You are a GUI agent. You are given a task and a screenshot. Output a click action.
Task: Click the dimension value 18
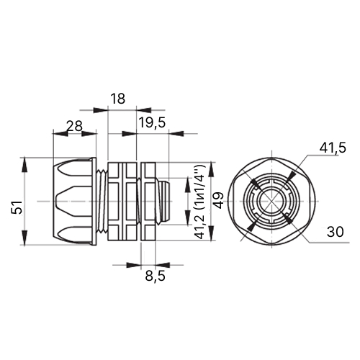point(118,99)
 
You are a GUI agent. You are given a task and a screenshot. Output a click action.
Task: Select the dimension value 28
point(74,126)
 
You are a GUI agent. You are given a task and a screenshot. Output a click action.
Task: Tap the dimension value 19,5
point(152,122)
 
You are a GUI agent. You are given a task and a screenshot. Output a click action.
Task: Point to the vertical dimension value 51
point(17,207)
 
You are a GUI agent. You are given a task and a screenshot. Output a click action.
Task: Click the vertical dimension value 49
point(219,201)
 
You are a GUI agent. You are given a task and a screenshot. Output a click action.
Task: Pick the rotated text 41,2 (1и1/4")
point(200,202)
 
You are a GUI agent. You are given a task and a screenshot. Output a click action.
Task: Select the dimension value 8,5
point(155,276)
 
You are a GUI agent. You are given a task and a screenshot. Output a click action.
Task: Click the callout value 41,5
point(333,148)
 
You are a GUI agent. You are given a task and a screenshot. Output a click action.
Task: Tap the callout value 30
point(336,232)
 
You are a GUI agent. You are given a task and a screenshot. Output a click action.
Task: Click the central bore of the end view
point(272,201)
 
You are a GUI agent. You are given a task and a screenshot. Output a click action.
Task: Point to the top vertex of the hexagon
point(272,158)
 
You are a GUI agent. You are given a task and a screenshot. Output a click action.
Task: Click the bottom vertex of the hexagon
point(272,245)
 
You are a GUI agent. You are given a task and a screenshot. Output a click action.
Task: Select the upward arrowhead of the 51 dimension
point(24,165)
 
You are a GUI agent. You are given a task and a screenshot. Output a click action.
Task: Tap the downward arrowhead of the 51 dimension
point(24,238)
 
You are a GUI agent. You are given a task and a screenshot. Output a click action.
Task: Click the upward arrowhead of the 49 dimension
point(211,169)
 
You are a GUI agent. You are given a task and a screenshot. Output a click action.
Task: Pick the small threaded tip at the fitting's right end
point(164,201)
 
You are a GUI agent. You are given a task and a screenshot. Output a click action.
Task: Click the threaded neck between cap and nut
point(102,201)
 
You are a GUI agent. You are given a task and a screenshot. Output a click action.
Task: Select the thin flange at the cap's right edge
point(94,201)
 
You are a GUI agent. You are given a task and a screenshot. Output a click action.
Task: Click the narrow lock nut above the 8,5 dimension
point(148,201)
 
